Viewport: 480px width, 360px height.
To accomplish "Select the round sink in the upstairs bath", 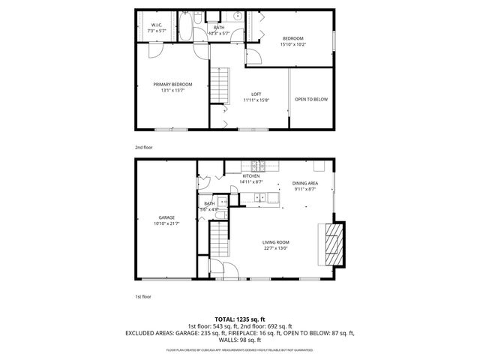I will pyautogui.click(x=235, y=16).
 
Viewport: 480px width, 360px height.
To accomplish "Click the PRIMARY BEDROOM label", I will pyautogui.click(x=173, y=84).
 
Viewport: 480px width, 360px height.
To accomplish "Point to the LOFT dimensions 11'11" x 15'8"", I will pyautogui.click(x=256, y=100).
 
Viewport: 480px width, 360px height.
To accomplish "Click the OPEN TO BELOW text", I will pyautogui.click(x=310, y=99).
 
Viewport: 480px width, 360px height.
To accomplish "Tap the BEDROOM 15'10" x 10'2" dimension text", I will pyautogui.click(x=293, y=44).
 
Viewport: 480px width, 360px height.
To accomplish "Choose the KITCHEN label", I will pyautogui.click(x=250, y=176).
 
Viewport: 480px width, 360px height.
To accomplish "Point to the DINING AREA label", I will pyautogui.click(x=305, y=183).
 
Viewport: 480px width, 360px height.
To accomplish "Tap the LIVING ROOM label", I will pyautogui.click(x=275, y=242).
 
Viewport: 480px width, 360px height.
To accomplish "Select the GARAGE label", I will pyautogui.click(x=166, y=217).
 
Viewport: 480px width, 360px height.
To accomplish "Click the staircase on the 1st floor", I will pyautogui.click(x=217, y=241).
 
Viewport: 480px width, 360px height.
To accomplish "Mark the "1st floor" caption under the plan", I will pyautogui.click(x=143, y=298).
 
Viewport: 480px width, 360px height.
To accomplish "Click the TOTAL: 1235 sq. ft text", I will pyautogui.click(x=240, y=319).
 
